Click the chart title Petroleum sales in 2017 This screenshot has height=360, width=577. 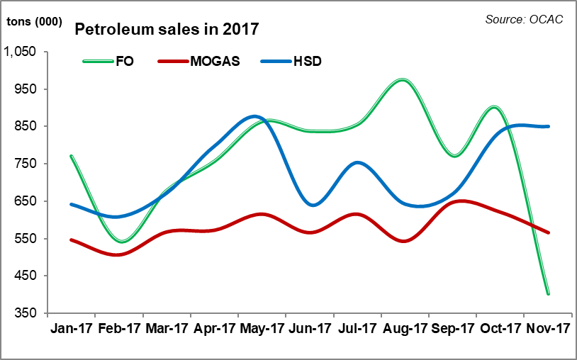point(167,30)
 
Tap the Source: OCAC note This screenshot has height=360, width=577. point(524,19)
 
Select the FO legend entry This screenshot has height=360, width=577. point(125,61)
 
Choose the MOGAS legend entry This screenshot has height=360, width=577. point(215,61)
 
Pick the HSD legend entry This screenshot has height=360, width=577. point(307,61)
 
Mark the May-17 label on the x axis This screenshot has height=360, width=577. point(262,329)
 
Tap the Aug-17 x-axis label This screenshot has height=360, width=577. point(405,329)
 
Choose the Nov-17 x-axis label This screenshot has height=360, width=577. point(548,329)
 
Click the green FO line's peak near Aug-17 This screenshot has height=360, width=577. point(403,80)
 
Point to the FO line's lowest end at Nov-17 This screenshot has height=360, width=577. point(548,293)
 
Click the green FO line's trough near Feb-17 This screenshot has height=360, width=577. point(121,242)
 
